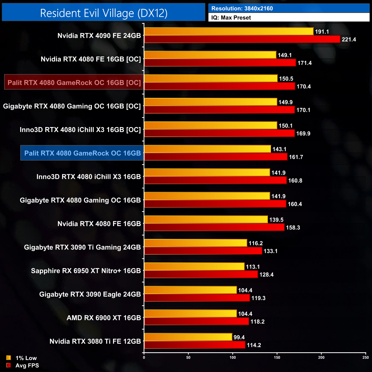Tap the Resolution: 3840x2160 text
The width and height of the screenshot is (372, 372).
pyautogui.click(x=242, y=9)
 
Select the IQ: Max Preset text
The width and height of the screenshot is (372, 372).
pyautogui.click(x=231, y=18)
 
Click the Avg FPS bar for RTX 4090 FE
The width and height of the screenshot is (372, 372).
pyautogui.click(x=242, y=39)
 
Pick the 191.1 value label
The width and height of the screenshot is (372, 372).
pyautogui.click(x=322, y=32)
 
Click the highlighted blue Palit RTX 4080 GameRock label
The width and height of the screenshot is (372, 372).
pyautogui.click(x=82, y=153)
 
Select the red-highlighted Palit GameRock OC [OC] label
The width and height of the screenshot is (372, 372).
pyautogui.click(x=74, y=83)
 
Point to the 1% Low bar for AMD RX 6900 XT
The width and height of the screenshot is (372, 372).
pyautogui.click(x=191, y=314)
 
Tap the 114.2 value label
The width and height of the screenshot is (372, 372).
pyautogui.click(x=254, y=345)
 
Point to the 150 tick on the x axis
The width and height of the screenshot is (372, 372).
pyautogui.click(x=277, y=357)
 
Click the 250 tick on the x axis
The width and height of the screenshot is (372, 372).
pyautogui.click(x=366, y=357)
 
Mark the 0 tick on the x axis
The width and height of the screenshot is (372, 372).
pyautogui.click(x=144, y=357)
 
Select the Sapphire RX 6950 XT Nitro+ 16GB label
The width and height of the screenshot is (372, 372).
pyautogui.click(x=86, y=271)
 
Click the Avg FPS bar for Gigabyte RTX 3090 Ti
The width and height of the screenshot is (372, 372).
pyautogui.click(x=203, y=251)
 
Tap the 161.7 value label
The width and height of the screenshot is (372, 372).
pyautogui.click(x=296, y=157)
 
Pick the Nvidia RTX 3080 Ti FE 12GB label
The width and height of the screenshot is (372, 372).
pyautogui.click(x=95, y=341)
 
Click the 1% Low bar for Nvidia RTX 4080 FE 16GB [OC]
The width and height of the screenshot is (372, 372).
pyautogui.click(x=210, y=55)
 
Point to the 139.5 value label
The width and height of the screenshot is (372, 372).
pyautogui.click(x=276, y=220)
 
